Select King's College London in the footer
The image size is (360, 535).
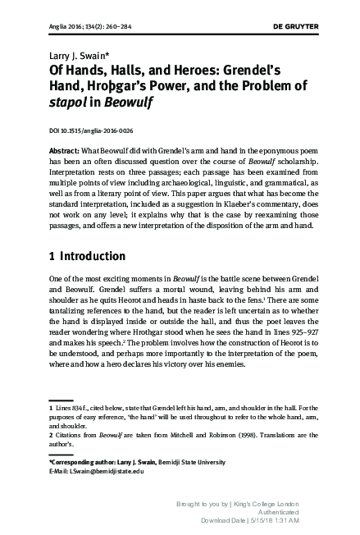coord(268,503)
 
